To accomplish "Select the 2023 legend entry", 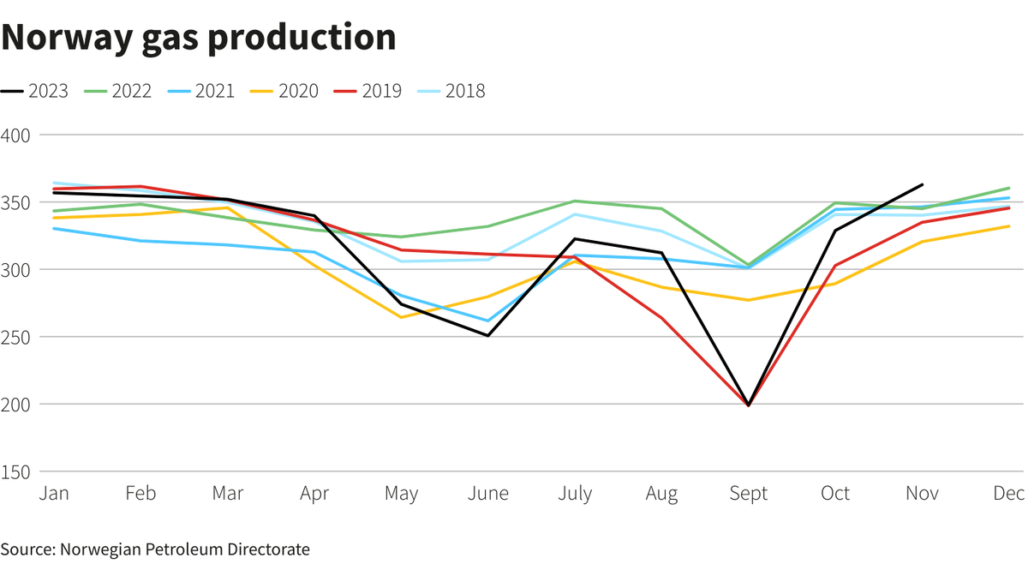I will pos(35,91).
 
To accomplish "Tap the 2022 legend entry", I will pos(119,91).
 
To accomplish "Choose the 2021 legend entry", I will pos(202,91).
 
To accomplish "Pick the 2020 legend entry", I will pos(285,91).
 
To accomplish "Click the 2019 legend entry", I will pos(369,91).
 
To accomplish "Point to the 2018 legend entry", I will pos(452,91).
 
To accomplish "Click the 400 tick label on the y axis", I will pos(16,135).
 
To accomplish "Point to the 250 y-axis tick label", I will pos(16,337).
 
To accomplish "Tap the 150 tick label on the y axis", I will pos(16,471).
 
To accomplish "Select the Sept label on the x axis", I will pos(748,494).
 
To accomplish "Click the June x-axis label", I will pos(487,494).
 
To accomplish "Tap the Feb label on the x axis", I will pos(140,494).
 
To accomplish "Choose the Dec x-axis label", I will pos(1011,494).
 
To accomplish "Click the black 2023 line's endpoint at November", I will pos(923,184).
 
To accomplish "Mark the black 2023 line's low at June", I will pos(487,335).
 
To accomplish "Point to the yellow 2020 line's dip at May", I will pos(401,317).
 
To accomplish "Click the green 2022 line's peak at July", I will pos(574,201).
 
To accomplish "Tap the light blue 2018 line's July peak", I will pos(574,214).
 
